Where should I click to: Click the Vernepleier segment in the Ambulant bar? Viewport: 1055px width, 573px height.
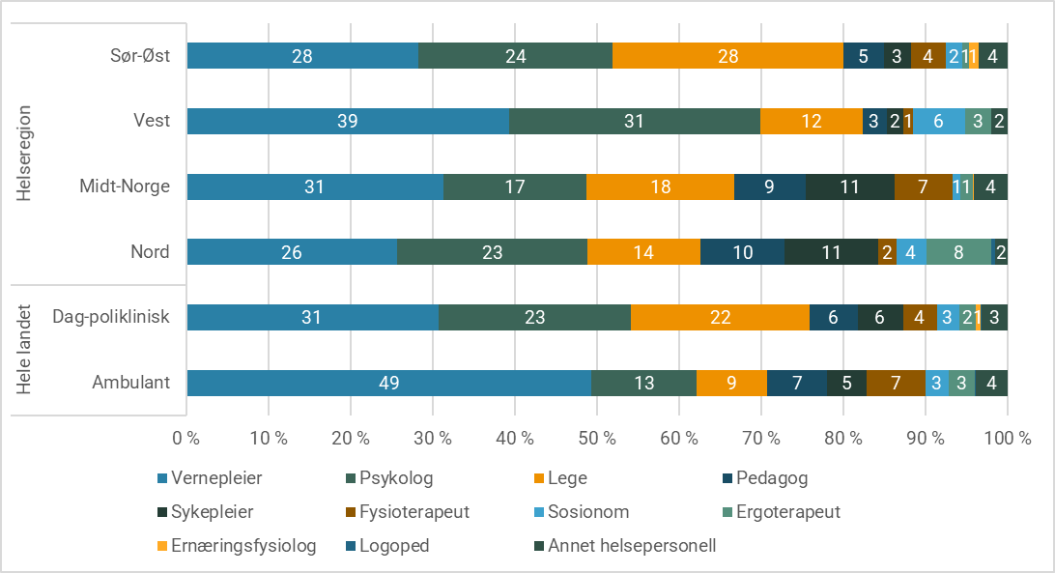click(x=388, y=383)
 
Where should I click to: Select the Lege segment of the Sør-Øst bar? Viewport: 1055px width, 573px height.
click(x=727, y=56)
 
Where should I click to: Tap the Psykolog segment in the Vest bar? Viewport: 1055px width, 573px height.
click(x=634, y=121)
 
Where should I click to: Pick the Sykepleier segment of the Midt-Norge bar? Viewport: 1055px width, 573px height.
click(x=849, y=186)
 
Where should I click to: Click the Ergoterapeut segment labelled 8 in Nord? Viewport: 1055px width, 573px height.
click(x=958, y=252)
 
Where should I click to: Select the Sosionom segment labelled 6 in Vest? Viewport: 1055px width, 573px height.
click(x=938, y=121)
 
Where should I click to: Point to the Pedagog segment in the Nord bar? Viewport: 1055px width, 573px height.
click(x=742, y=252)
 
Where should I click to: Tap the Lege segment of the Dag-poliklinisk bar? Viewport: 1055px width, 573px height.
click(x=720, y=317)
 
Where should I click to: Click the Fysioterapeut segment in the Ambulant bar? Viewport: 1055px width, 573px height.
click(x=896, y=383)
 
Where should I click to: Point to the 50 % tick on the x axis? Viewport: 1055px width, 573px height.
click(x=597, y=438)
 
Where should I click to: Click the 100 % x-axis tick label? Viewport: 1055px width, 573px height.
click(x=1008, y=438)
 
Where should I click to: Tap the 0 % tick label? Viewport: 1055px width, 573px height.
click(x=186, y=438)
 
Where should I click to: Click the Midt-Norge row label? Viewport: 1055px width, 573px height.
click(x=125, y=186)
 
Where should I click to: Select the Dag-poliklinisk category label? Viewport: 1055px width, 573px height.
click(x=112, y=317)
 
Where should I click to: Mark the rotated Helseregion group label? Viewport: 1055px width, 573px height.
click(x=25, y=155)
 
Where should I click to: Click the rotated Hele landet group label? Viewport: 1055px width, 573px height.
click(x=25, y=350)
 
